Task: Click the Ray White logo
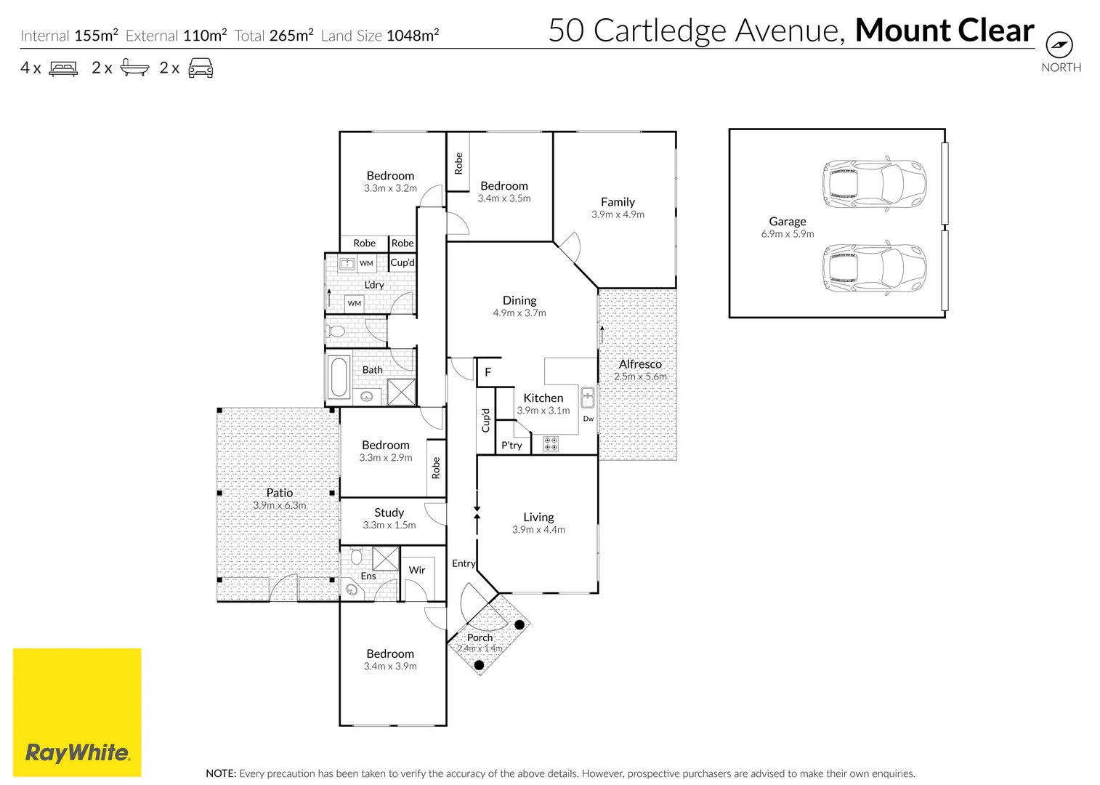(x=77, y=712)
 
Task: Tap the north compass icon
(x=1059, y=45)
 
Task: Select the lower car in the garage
(x=873, y=268)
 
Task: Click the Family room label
(x=618, y=202)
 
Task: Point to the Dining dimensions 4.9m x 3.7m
(x=519, y=313)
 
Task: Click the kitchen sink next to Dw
(x=587, y=398)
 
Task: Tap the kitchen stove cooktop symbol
(x=551, y=443)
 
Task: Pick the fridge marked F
(x=488, y=372)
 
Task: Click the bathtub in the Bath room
(x=339, y=377)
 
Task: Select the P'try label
(x=511, y=446)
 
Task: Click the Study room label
(x=389, y=512)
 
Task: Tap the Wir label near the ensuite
(x=417, y=570)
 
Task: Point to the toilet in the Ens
(x=356, y=557)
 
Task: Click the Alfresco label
(x=640, y=364)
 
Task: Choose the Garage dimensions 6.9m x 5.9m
(x=788, y=234)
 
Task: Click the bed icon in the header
(x=63, y=68)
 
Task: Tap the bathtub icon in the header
(x=134, y=68)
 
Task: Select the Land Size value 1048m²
(x=413, y=36)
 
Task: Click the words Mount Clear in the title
(x=945, y=31)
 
